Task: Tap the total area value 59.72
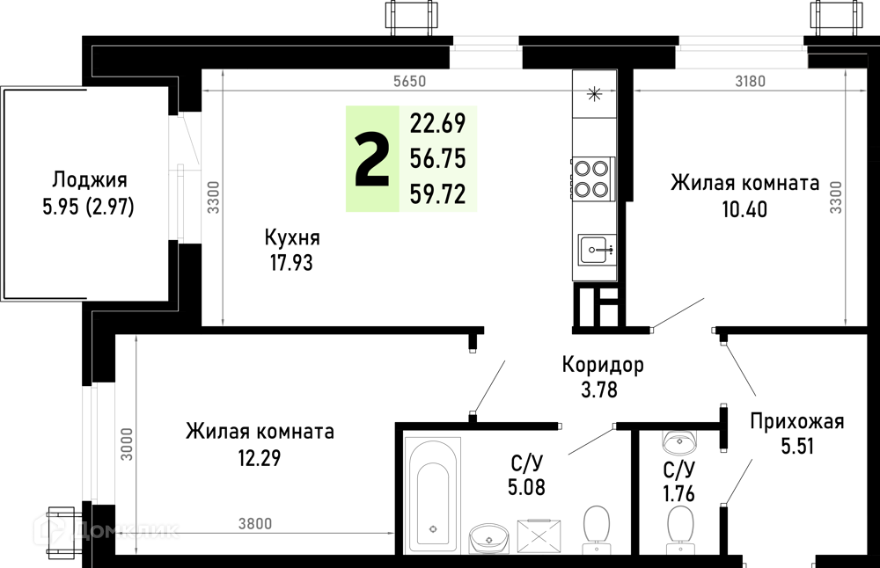pos(437,194)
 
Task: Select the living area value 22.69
pos(437,123)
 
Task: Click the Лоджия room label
pos(90,180)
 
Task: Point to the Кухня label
pos(292,237)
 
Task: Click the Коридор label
pos(603,365)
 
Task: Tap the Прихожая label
pos(797,421)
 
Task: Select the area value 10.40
pos(744,210)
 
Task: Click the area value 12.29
pos(260,459)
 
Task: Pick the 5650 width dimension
pos(410,81)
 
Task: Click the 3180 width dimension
pos(751,81)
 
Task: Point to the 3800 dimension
pos(255,524)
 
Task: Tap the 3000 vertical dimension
pos(128,444)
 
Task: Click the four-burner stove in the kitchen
pos(591,178)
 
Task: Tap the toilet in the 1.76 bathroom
pos(679,526)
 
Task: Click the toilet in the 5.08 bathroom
pos(597,526)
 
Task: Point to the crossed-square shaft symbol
pos(539,537)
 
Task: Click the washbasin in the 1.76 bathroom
pos(680,442)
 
